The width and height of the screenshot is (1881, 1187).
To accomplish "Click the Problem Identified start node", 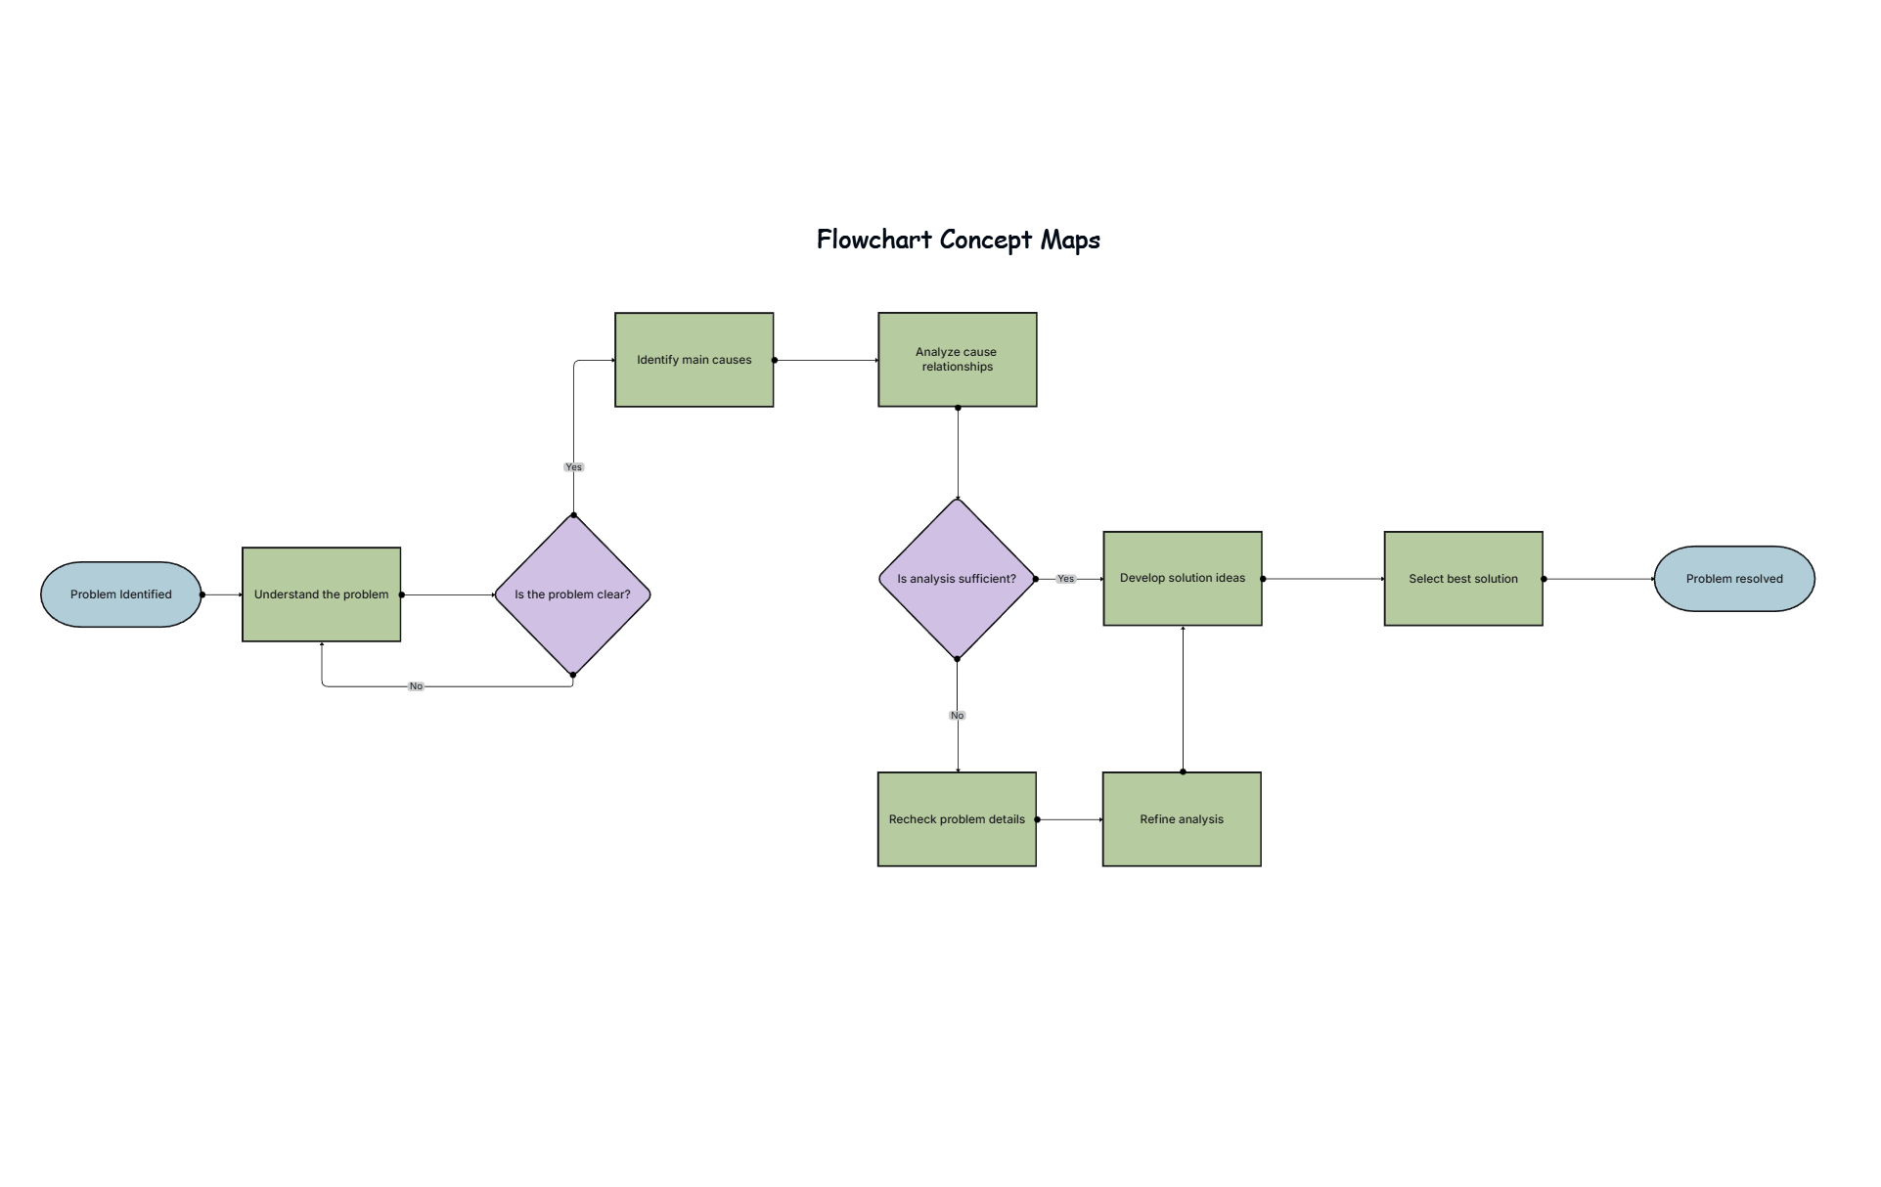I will (x=120, y=594).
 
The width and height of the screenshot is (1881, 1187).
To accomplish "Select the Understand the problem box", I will (x=321, y=594).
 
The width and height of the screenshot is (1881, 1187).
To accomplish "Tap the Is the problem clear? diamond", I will (x=572, y=594).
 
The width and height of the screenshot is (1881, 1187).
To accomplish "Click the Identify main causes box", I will (x=694, y=360).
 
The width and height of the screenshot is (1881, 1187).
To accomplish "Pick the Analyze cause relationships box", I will (x=957, y=360).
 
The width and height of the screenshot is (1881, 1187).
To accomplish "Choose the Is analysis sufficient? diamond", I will (x=957, y=579).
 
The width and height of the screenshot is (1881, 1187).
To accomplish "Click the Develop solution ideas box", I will (x=1182, y=579).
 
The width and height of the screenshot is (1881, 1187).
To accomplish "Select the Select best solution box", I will (x=1462, y=579).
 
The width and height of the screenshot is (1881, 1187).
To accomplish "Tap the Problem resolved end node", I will (x=1733, y=579).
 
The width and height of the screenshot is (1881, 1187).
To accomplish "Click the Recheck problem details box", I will (x=957, y=819).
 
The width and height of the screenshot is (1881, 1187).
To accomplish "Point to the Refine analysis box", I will (x=1181, y=819).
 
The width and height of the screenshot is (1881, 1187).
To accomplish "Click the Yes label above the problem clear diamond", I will (x=573, y=467).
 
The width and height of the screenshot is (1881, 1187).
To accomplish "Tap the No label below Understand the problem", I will (x=416, y=686).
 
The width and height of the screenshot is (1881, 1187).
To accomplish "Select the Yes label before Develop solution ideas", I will (x=1065, y=579).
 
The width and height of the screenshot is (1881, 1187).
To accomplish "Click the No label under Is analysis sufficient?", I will (x=957, y=716).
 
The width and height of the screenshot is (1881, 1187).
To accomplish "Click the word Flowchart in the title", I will (x=873, y=240).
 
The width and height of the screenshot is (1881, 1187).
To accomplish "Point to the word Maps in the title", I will (x=1070, y=240).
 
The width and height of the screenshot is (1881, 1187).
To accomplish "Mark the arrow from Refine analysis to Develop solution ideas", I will (x=1183, y=699).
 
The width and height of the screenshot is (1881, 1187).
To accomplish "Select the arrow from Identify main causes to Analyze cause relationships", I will (x=826, y=360).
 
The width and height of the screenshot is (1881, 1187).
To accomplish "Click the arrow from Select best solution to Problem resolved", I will (x=1598, y=579).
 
